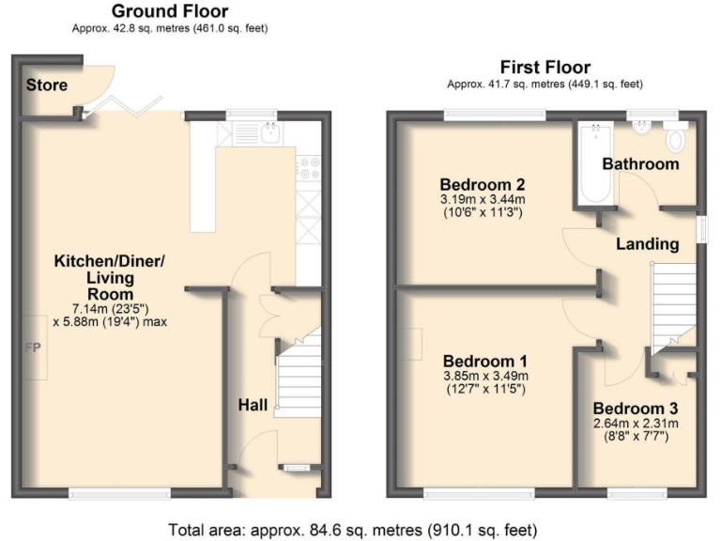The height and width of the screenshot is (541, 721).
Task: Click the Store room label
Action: point(46,85)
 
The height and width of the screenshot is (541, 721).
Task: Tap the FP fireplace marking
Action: point(33,348)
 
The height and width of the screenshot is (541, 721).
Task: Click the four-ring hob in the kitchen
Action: point(309,168)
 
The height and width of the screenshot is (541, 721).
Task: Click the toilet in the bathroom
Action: point(676,136)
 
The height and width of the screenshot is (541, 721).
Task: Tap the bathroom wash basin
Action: point(641,129)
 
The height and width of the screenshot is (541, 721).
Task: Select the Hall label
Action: point(253,405)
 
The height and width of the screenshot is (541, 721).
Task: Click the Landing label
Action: point(648,244)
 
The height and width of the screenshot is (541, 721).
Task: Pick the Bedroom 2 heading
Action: point(483,184)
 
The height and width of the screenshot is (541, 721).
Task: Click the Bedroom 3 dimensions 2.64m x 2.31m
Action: point(636,424)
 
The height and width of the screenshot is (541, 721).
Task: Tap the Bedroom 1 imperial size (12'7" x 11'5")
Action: point(486,389)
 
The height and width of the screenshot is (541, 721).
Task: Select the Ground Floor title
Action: point(170,11)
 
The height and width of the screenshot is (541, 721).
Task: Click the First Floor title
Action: point(545,68)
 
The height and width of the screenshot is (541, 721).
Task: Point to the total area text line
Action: point(353,531)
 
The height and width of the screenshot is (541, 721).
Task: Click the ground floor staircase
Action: point(298,376)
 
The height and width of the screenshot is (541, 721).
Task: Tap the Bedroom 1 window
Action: point(479,494)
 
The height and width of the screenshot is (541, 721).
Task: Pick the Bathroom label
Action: point(640,163)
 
